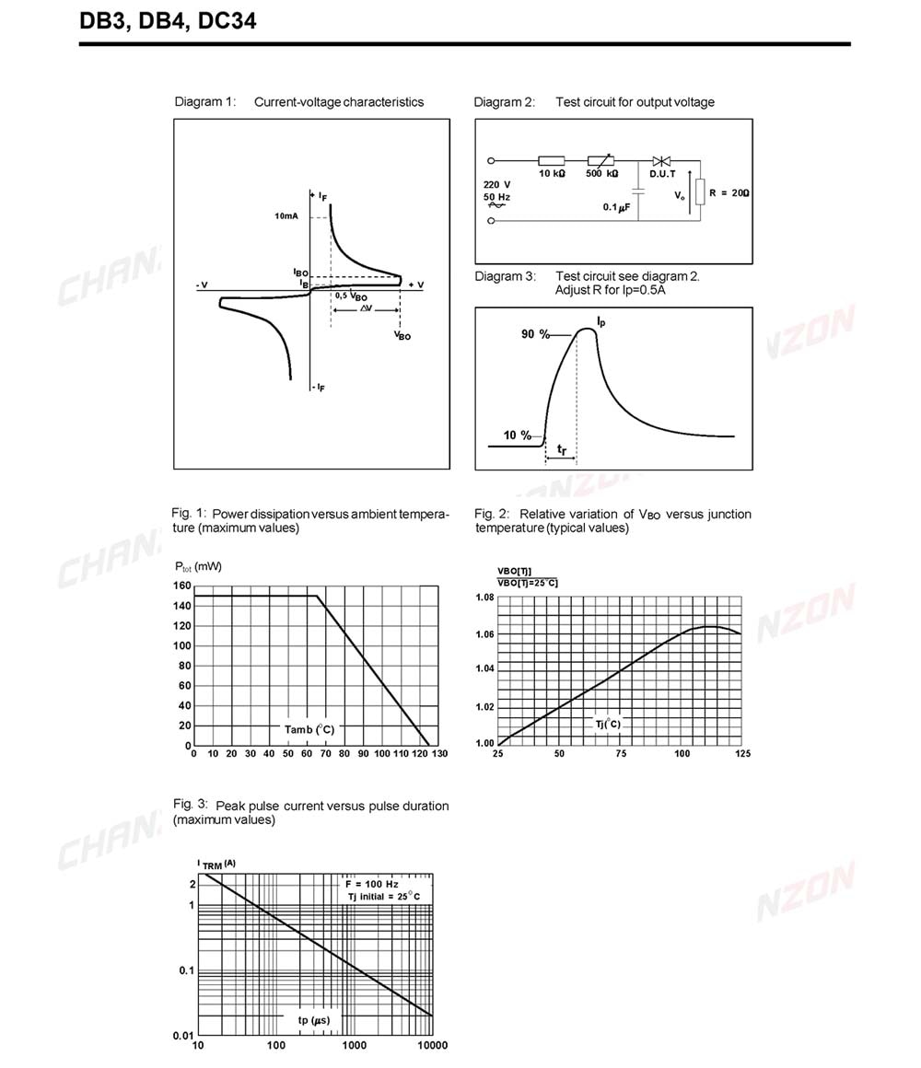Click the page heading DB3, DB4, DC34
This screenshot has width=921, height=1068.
(168, 19)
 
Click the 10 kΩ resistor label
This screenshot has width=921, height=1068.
(553, 173)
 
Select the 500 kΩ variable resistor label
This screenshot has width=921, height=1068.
(601, 173)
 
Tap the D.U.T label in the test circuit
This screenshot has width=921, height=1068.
(662, 173)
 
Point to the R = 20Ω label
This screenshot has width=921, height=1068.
(729, 193)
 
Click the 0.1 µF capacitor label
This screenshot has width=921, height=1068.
(616, 207)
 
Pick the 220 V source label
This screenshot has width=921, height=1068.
(496, 184)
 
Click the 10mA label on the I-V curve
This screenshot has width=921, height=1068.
(286, 216)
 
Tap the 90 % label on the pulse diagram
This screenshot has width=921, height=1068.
(534, 334)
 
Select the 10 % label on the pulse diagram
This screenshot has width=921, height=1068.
(517, 435)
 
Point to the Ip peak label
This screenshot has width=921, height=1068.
(600, 320)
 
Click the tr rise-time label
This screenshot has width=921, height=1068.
(562, 449)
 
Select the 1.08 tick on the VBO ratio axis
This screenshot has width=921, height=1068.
(484, 598)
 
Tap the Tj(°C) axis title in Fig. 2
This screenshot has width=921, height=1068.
(608, 725)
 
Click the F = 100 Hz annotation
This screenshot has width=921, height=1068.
(371, 884)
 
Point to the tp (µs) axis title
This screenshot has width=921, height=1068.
(314, 1021)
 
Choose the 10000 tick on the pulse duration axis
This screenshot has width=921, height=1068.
(432, 1045)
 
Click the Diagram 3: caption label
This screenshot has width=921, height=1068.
(504, 276)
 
